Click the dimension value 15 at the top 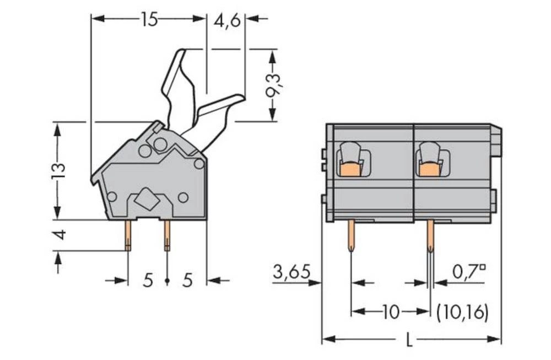pos(149,20)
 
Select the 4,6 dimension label pos(226,22)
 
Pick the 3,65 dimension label pos(291,271)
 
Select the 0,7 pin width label pos(469,271)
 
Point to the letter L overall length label pos(408,341)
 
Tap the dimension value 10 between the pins pos(391,312)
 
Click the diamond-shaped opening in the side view pos(147,199)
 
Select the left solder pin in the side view pos(128,235)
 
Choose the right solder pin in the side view pos(167,235)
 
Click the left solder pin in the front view pos(351,235)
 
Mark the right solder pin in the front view pos(430,235)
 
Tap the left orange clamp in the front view pos(350,169)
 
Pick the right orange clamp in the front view pos(429,169)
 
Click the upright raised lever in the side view pos(177,88)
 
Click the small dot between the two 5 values pos(167,281)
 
